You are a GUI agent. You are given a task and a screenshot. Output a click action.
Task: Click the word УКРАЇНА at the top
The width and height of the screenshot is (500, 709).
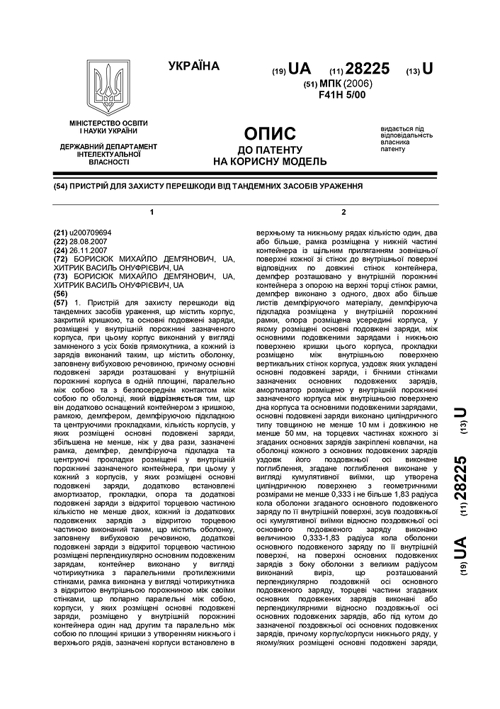coord(193,67)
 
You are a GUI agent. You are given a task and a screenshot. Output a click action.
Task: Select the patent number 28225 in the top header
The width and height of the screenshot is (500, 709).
coord(368,69)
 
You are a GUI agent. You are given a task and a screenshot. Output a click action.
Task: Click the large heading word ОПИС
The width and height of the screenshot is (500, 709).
coord(270,134)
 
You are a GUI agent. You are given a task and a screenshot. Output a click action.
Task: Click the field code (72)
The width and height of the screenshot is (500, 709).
coord(61,259)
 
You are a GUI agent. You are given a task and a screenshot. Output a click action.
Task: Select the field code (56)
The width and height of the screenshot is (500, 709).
coord(61,293)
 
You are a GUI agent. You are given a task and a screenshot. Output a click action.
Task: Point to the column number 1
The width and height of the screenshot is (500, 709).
coord(152,212)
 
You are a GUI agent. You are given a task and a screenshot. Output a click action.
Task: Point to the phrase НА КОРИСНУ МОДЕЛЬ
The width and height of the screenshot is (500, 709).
coord(270,161)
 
